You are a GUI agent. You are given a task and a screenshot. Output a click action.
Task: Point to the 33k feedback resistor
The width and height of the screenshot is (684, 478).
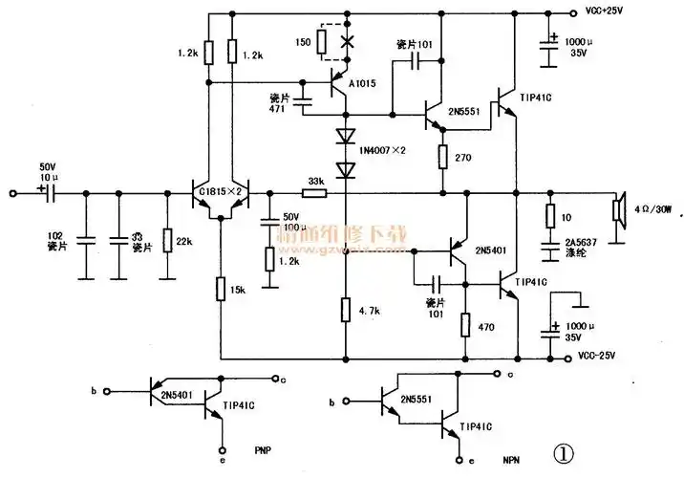coord(313,192)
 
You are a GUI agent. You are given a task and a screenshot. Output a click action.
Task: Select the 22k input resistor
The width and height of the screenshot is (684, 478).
coord(166,241)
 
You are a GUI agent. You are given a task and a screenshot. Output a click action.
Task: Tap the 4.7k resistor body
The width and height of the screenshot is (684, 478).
coord(346,309)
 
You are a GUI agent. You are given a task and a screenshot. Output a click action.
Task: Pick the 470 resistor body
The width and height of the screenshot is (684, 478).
coord(465,324)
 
